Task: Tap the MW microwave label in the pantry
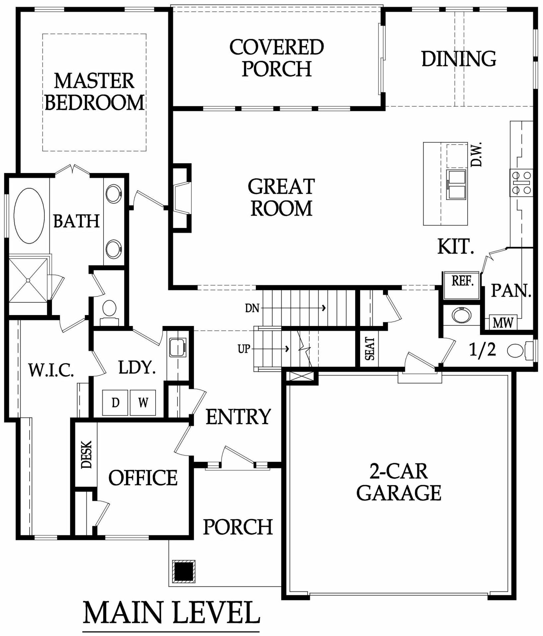click(503, 322)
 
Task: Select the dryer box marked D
click(115, 402)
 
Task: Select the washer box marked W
click(143, 402)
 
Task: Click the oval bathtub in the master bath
click(29, 216)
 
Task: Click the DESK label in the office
click(86, 454)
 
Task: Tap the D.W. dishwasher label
click(476, 154)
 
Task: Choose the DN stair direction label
click(252, 308)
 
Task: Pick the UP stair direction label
click(244, 349)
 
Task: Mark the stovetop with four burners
click(521, 183)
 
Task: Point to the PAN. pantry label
click(511, 291)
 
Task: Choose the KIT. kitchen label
click(456, 247)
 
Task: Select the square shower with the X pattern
click(28, 280)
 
